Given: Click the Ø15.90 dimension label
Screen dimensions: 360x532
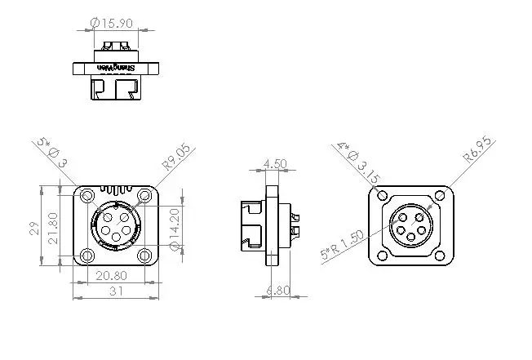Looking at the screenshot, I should point(112,22).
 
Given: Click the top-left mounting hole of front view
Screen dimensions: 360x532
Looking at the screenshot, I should point(85,196).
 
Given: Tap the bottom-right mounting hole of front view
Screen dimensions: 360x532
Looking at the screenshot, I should point(145,256).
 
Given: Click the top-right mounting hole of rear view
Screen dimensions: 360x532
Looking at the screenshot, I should point(441,195).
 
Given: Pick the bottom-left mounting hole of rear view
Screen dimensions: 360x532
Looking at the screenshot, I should point(382,256).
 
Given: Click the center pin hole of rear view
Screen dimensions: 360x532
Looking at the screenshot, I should point(411,226).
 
